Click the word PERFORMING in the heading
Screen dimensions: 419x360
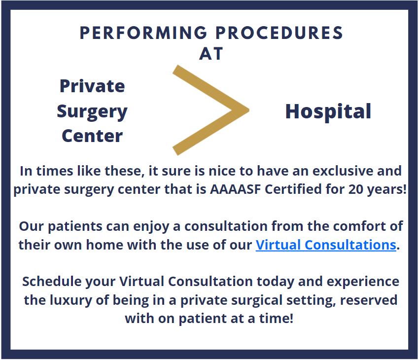click(x=143, y=33)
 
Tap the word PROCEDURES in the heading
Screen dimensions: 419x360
click(x=279, y=33)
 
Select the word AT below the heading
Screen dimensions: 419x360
click(x=211, y=54)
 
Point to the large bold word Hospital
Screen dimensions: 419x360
click(x=328, y=112)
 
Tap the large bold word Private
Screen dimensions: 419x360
click(x=92, y=86)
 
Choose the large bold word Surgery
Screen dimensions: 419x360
click(x=92, y=112)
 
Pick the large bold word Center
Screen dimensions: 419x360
click(x=92, y=136)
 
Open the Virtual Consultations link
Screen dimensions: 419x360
click(x=326, y=245)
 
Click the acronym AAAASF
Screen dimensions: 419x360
click(x=235, y=189)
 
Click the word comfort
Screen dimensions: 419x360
click(x=360, y=226)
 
